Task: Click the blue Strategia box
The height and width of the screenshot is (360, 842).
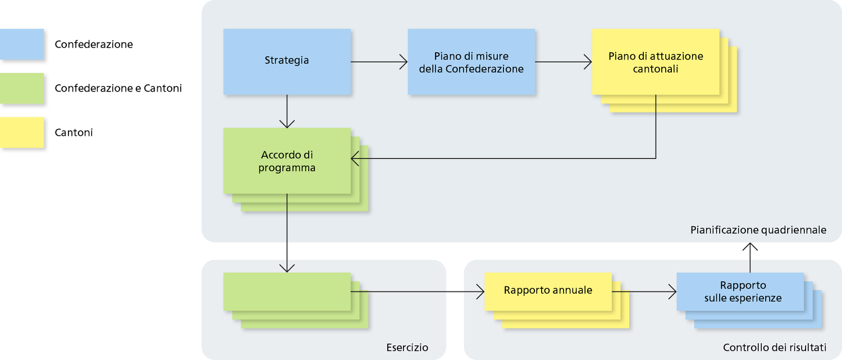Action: [x=287, y=62]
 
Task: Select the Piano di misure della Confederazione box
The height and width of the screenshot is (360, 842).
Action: [x=471, y=62]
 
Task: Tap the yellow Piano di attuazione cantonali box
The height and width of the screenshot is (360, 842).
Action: [x=656, y=62]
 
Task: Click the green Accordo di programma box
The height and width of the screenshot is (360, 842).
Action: [x=287, y=161]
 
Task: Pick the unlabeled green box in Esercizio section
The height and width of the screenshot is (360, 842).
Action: [x=287, y=291]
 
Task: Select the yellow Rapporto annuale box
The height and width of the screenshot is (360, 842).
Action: [x=548, y=291]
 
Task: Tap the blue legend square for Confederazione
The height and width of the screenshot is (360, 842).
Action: [x=22, y=44]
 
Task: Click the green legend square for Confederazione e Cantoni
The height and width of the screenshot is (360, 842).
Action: [x=22, y=88]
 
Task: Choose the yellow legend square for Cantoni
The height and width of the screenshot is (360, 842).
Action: [x=22, y=133]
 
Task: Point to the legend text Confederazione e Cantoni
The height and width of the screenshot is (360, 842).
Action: [x=118, y=88]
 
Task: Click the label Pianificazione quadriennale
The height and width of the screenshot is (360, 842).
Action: [x=758, y=230]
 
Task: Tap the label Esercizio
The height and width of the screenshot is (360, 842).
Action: [x=407, y=348]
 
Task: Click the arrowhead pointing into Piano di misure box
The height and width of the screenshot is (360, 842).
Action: [x=404, y=62]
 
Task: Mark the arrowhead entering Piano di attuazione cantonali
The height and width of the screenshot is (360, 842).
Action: [x=588, y=62]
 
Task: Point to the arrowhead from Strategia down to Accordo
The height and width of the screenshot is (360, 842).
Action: [x=287, y=124]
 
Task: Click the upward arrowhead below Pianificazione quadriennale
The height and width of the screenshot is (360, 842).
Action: [x=750, y=247]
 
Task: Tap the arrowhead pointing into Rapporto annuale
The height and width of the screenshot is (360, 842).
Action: [x=481, y=291]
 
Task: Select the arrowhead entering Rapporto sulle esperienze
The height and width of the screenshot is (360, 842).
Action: [x=672, y=291]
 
